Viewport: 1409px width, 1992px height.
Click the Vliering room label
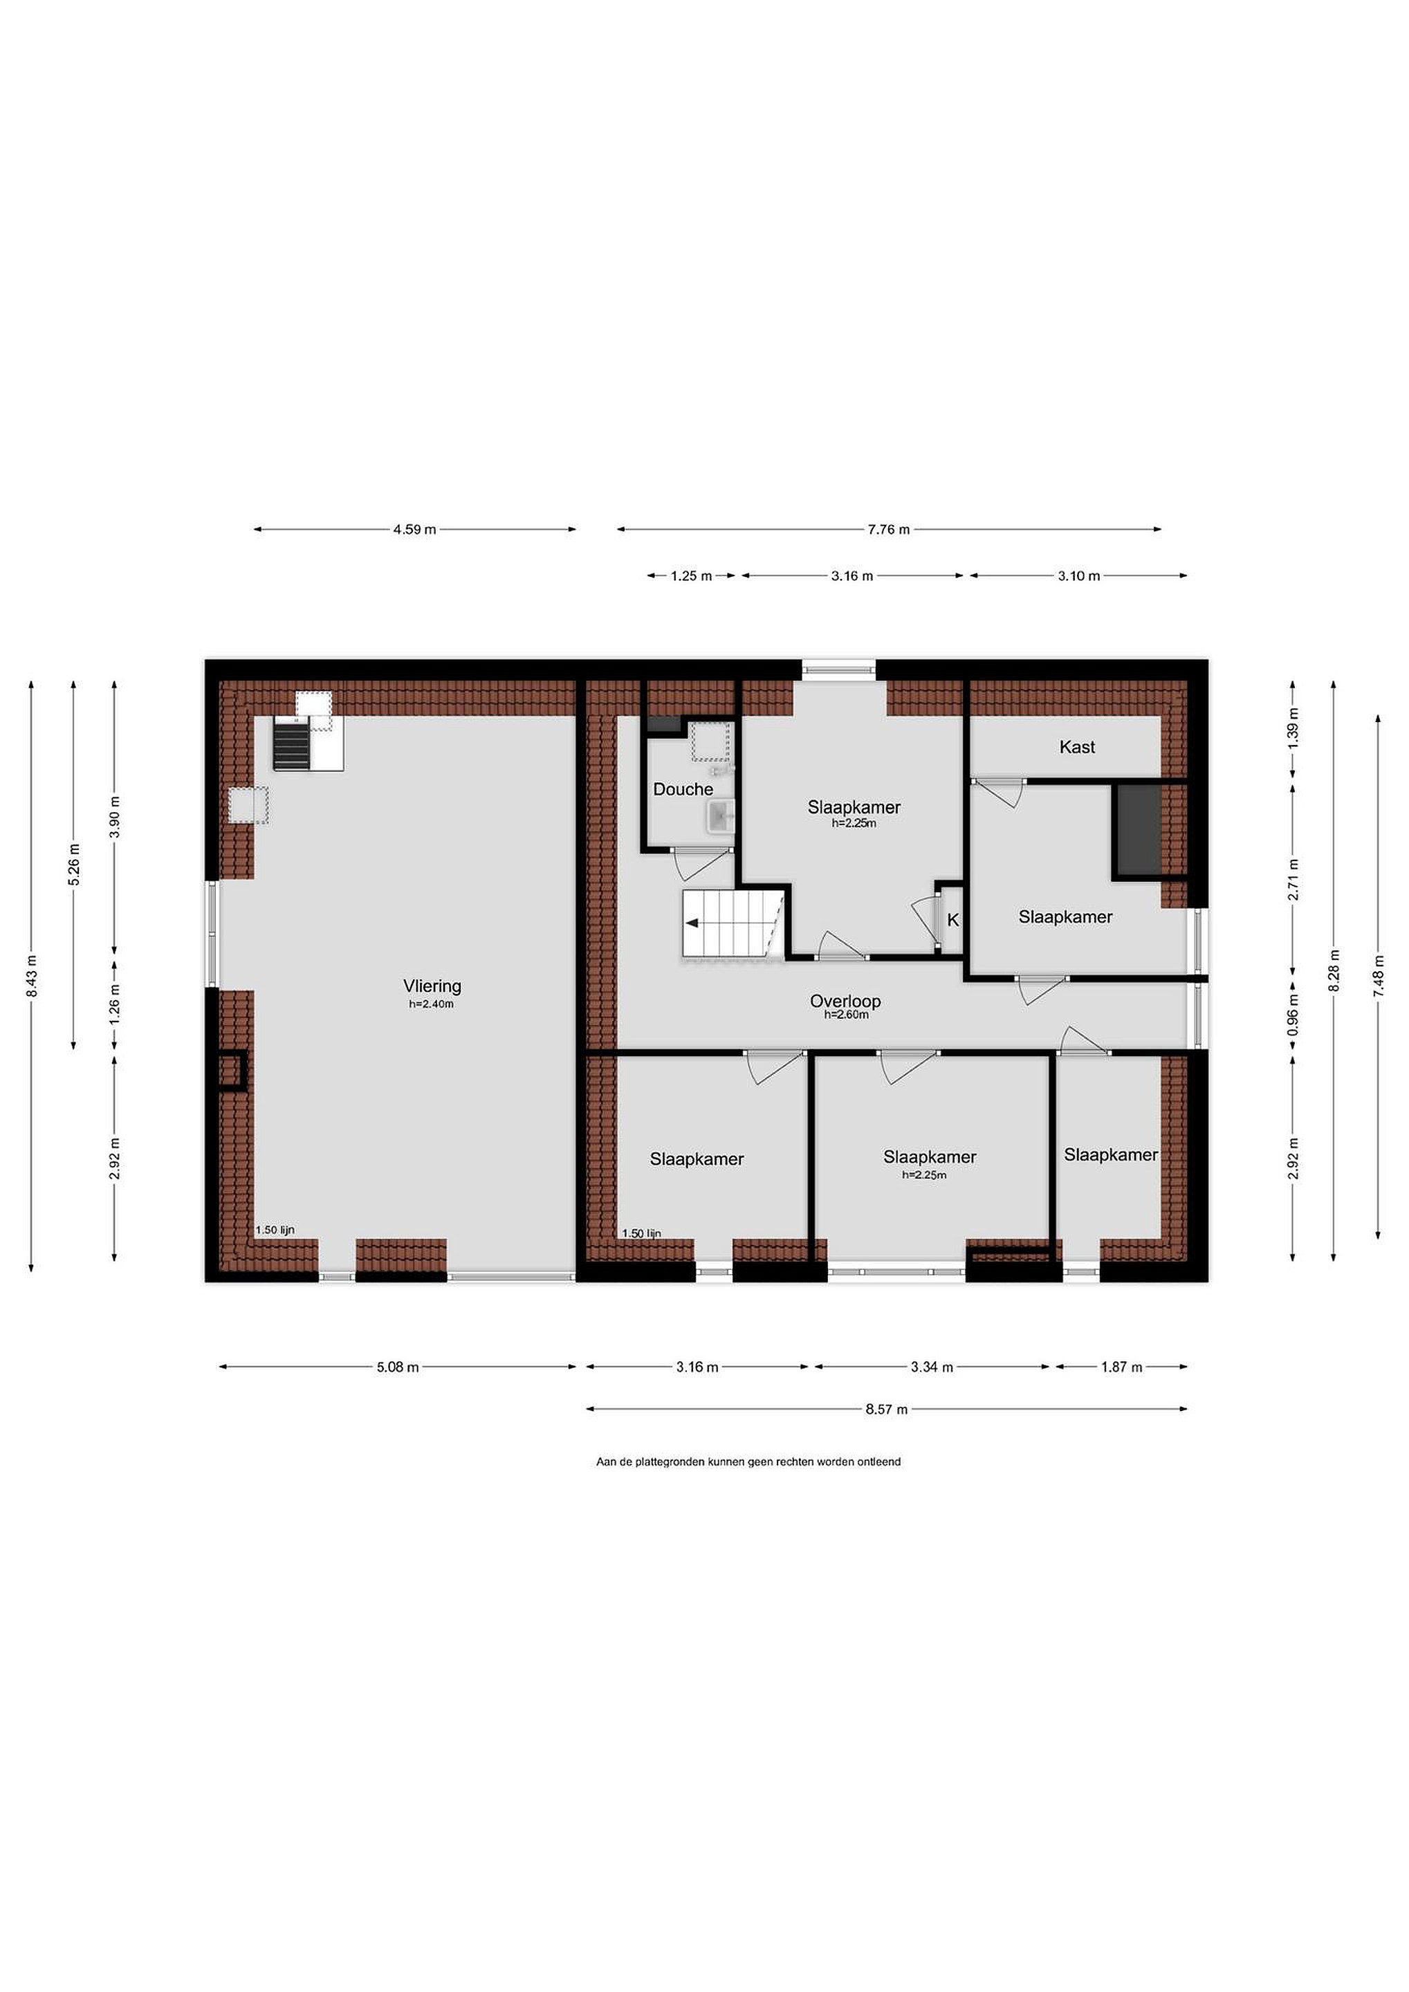tap(432, 986)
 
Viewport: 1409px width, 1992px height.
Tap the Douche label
tap(683, 789)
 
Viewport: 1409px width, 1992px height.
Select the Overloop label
tap(845, 1002)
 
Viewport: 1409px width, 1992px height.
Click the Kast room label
tap(1077, 747)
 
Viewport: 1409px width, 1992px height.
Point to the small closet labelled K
tap(952, 920)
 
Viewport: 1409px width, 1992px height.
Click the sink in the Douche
tap(721, 816)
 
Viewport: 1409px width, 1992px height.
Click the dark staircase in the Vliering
tap(291, 744)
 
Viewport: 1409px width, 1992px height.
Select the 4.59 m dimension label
tap(415, 529)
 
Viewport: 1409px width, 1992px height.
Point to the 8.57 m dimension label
tap(886, 1409)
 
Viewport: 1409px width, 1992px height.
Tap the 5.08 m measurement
tap(397, 1367)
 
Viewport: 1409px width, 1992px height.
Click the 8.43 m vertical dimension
tap(32, 976)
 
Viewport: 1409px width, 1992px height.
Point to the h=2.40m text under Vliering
tap(432, 1005)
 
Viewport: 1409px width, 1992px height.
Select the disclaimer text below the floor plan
tap(748, 1462)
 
